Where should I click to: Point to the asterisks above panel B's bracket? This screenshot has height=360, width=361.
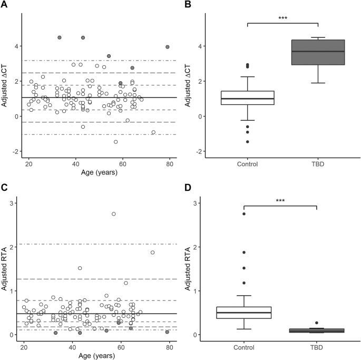pyautogui.click(x=283, y=18)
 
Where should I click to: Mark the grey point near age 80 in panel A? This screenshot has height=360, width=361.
pyautogui.click(x=168, y=47)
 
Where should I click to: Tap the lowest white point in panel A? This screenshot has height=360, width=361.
pyautogui.click(x=115, y=142)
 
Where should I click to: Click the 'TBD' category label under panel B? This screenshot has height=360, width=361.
pyautogui.click(x=318, y=164)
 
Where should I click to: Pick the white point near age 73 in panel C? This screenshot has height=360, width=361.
pyautogui.click(x=152, y=252)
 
